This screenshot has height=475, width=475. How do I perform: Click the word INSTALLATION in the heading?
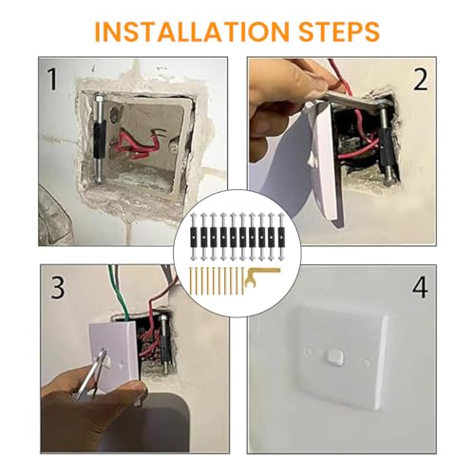tap(192, 31)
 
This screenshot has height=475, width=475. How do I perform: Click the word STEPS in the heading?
tap(339, 31)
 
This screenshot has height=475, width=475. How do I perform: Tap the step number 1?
tap(53, 80)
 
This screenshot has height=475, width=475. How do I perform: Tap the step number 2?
tap(421, 80)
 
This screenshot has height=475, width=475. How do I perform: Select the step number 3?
tap(58, 288)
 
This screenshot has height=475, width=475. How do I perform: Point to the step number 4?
tap(420, 288)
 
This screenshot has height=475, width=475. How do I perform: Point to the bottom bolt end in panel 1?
tap(99, 180)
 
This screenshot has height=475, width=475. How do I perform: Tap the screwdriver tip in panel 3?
tap(102, 352)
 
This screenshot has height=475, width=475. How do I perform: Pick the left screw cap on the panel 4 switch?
tap(307, 352)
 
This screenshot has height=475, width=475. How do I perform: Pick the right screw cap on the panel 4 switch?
tap(367, 362)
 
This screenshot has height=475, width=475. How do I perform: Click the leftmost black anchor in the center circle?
tap(194, 237)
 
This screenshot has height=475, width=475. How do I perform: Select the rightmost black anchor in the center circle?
tap(280, 237)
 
